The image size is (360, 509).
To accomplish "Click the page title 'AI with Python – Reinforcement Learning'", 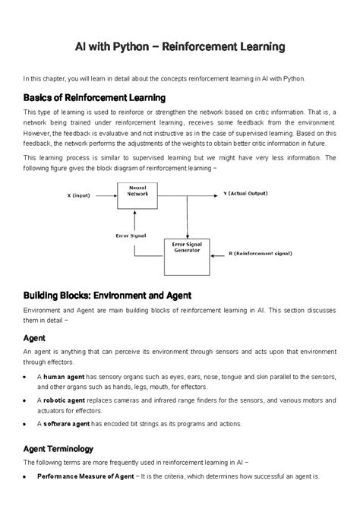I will (179, 47).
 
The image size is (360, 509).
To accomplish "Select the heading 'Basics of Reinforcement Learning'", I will (95, 99).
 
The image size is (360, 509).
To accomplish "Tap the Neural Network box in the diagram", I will (137, 195).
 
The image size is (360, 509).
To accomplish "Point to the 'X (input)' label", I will (79, 195).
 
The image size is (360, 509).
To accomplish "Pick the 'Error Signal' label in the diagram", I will (132, 236).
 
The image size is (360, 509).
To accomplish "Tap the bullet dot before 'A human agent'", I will (28, 377).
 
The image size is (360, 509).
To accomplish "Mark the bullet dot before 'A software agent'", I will (28, 424).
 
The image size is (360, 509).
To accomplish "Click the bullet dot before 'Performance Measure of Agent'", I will (28, 477).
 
